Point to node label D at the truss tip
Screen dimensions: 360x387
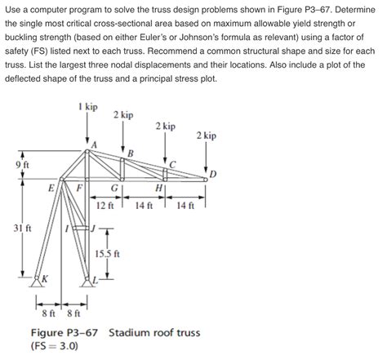tap(213, 174)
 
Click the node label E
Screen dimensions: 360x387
tap(51, 187)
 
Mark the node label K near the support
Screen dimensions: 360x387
tap(44, 278)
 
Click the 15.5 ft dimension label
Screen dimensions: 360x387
tap(108, 253)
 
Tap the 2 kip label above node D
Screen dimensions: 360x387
tap(207, 135)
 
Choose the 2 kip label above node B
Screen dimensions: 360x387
tap(123, 115)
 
